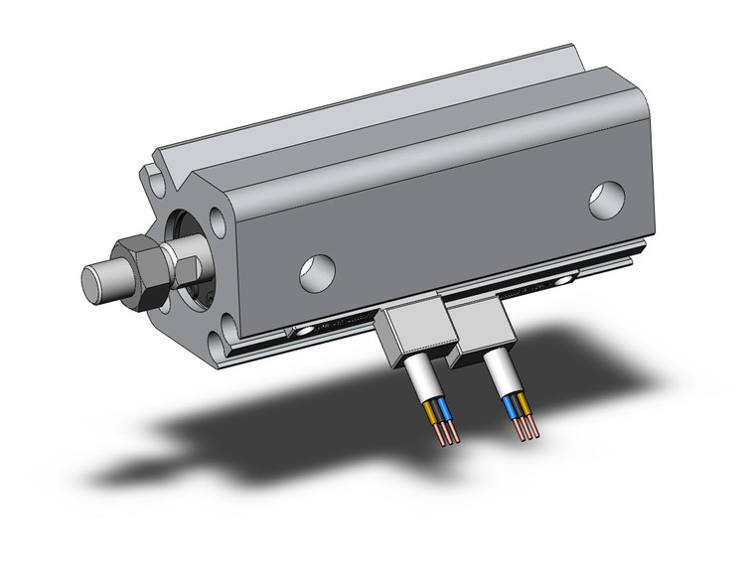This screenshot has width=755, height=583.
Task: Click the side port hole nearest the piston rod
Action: [x=317, y=269]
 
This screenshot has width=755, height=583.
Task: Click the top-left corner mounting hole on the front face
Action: [x=156, y=182]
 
